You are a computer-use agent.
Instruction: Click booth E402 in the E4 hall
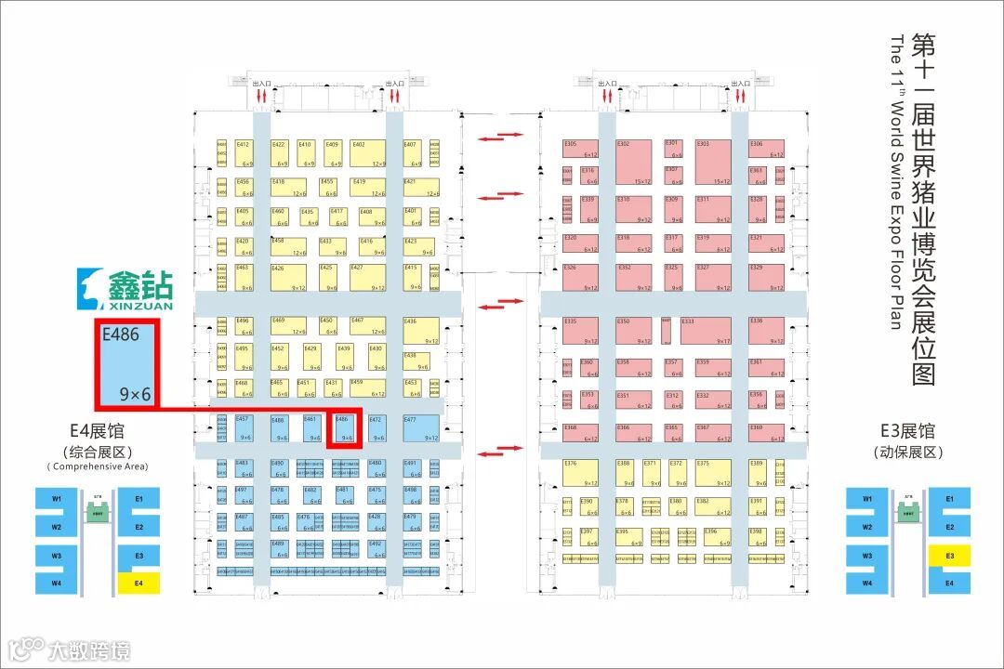pyautogui.click(x=369, y=153)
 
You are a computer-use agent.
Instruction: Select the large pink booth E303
pyautogui.click(x=715, y=162)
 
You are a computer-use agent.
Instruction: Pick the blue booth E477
pyautogui.click(x=420, y=427)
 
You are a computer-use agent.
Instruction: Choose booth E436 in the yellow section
pyautogui.click(x=420, y=331)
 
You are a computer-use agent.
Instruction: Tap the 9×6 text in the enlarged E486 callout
pyautogui.click(x=135, y=395)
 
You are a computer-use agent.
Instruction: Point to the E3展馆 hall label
pyautogui.click(x=907, y=432)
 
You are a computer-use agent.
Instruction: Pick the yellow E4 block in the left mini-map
pyautogui.click(x=139, y=584)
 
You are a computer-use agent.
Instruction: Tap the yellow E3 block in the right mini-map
pyautogui.click(x=949, y=556)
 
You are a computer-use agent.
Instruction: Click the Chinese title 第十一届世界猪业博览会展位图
pyautogui.click(x=922, y=209)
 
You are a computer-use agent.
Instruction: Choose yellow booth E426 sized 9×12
pyautogui.click(x=288, y=277)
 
